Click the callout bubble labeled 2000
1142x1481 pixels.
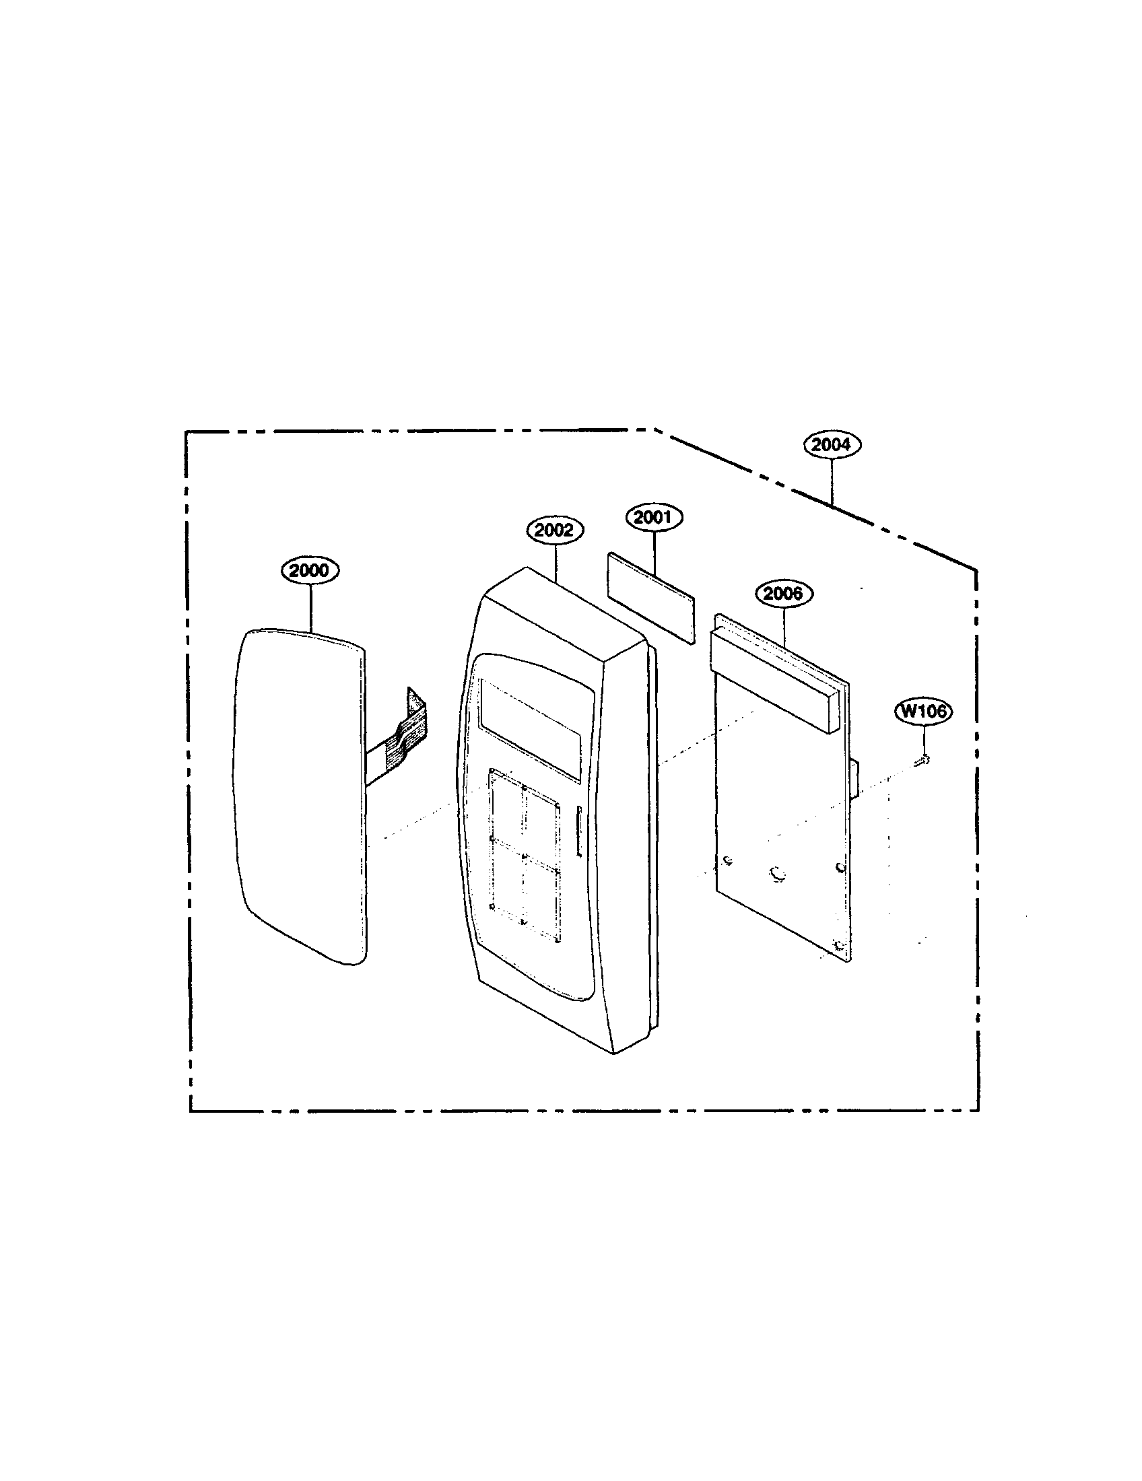[x=310, y=570]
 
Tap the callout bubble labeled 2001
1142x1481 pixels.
[x=654, y=518]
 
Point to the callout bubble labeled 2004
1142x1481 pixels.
[x=832, y=445]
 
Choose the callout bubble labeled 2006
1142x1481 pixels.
[x=784, y=594]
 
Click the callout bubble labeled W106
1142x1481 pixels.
[x=924, y=712]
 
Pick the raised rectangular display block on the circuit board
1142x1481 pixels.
[x=774, y=680]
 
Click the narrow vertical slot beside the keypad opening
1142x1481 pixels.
[x=578, y=831]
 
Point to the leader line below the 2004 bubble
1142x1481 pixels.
[x=832, y=481]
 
